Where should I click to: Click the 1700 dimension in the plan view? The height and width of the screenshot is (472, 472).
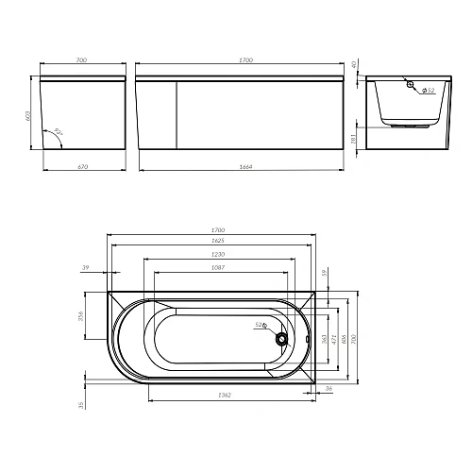pos(218,230)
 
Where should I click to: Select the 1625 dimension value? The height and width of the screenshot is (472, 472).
pos(218,242)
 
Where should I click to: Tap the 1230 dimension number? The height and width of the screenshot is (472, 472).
pos(218,254)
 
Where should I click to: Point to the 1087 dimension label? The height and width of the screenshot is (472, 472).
pos(218,266)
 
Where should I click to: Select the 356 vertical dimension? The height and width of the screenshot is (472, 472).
pos(81,315)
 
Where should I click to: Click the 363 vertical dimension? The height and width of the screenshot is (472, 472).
pos(326,338)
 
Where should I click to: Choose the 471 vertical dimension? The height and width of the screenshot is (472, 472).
pos(337,338)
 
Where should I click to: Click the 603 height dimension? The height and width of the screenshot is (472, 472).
pos(29,115)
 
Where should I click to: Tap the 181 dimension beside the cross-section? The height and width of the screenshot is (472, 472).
pos(354,140)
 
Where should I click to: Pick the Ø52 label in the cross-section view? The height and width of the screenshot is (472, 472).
pos(428,91)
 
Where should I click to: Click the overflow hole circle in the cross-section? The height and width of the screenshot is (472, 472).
pos(412,86)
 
